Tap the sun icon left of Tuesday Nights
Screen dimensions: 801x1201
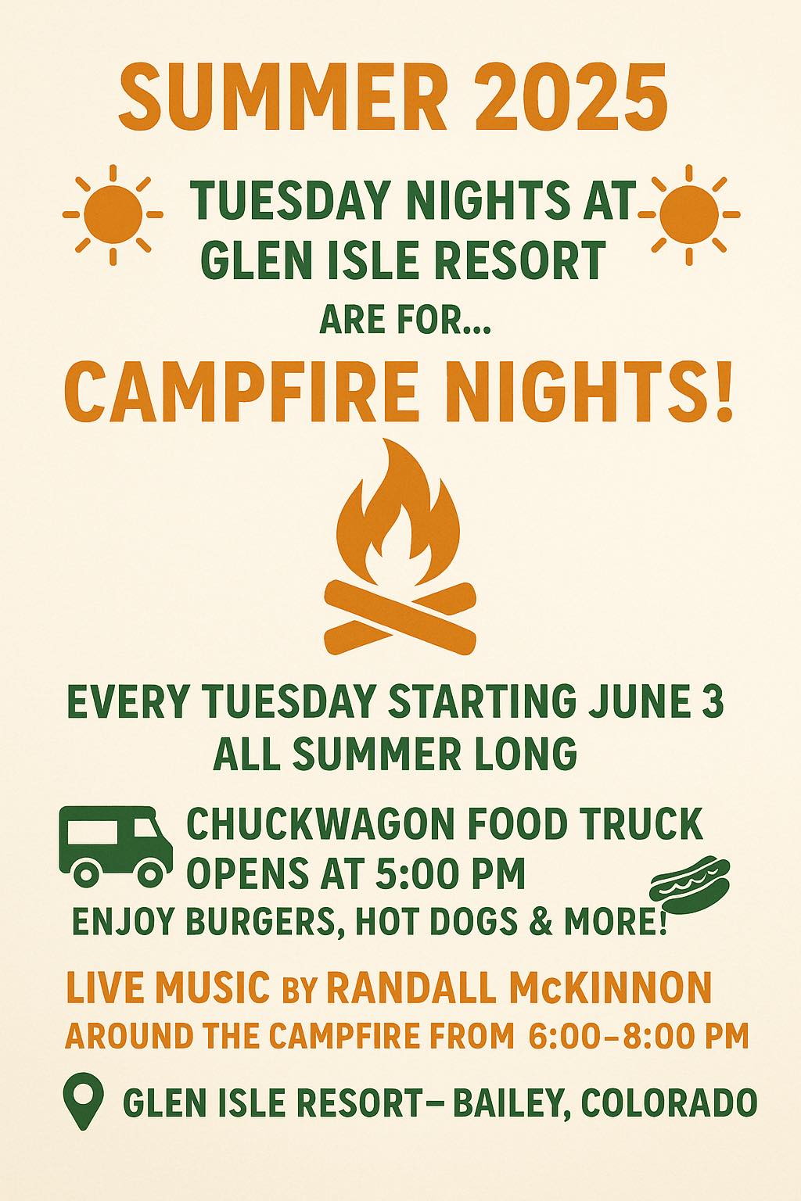113,214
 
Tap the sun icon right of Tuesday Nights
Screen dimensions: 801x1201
689,214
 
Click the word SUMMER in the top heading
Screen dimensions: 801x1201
282,98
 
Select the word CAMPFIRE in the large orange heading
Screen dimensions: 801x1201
240,390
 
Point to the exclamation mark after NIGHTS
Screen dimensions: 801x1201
724,390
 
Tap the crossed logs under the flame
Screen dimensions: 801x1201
400,618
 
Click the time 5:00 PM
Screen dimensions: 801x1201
450,874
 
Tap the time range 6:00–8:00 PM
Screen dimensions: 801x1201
639,1035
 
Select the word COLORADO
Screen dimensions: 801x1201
669,1102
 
